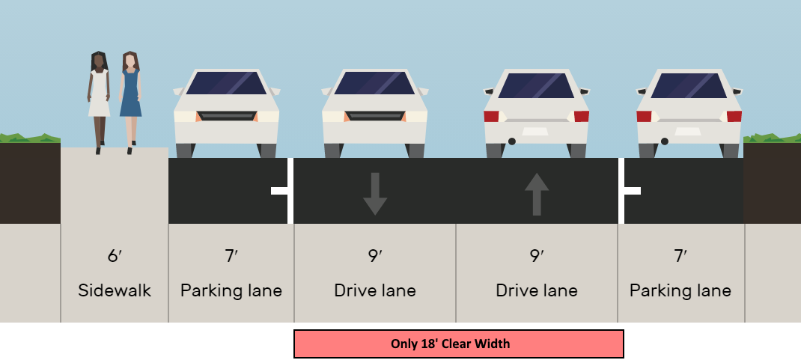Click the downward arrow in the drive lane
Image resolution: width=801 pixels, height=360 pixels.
[374, 194]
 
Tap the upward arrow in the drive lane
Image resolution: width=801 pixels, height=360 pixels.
[536, 194]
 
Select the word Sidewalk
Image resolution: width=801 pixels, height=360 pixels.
[115, 290]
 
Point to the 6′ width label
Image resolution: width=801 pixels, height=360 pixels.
[115, 256]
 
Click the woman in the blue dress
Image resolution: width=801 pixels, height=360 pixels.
[130, 97]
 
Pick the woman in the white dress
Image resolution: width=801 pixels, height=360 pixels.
[99, 97]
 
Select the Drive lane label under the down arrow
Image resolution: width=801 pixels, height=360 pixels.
[375, 290]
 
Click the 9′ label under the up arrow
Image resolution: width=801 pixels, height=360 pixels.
[536, 256]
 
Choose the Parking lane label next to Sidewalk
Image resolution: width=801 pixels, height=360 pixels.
[231, 290]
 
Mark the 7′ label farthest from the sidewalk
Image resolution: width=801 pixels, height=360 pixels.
[680, 256]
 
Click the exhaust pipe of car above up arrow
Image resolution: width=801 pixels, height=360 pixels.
[512, 141]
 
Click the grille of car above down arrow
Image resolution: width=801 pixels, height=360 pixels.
[374, 116]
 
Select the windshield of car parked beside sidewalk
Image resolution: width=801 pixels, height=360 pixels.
[226, 83]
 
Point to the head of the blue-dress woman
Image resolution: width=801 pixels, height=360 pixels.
[130, 60]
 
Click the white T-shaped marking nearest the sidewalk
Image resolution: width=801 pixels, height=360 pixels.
[282, 191]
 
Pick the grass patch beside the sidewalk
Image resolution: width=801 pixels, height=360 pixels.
[30, 138]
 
